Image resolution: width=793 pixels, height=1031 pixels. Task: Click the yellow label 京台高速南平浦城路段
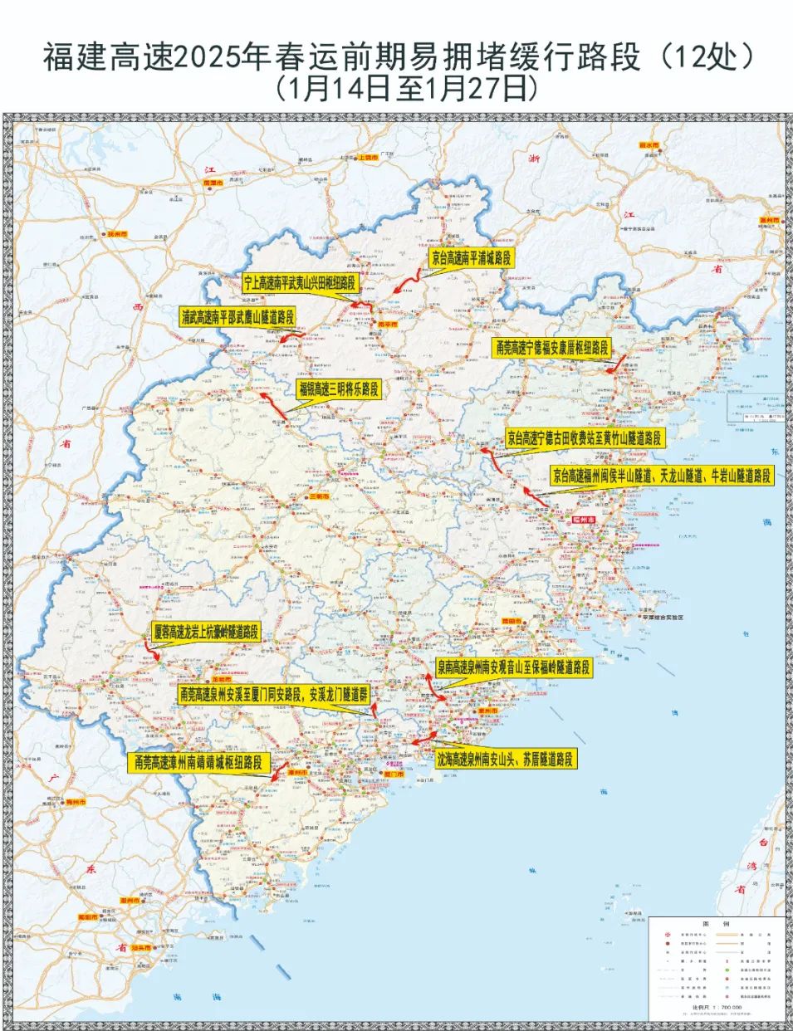pyautogui.click(x=472, y=258)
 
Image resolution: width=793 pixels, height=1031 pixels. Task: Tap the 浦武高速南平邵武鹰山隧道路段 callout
pyautogui.click(x=237, y=316)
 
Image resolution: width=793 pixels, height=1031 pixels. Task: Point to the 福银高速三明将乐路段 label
pyautogui.click(x=338, y=388)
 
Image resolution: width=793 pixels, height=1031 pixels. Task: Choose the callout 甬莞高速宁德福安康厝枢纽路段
pyautogui.click(x=552, y=348)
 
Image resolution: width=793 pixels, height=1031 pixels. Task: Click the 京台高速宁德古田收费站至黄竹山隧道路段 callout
pyautogui.click(x=585, y=438)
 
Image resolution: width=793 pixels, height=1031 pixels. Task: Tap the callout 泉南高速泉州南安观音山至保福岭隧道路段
pyautogui.click(x=514, y=667)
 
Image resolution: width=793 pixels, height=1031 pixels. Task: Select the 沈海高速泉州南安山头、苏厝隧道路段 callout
pyautogui.click(x=505, y=759)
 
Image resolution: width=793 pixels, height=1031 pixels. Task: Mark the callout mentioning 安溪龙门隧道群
pyautogui.click(x=273, y=695)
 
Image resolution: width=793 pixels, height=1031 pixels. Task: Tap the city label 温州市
pyautogui.click(x=771, y=220)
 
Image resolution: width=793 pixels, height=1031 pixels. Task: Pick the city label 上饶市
pyautogui.click(x=366, y=157)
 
